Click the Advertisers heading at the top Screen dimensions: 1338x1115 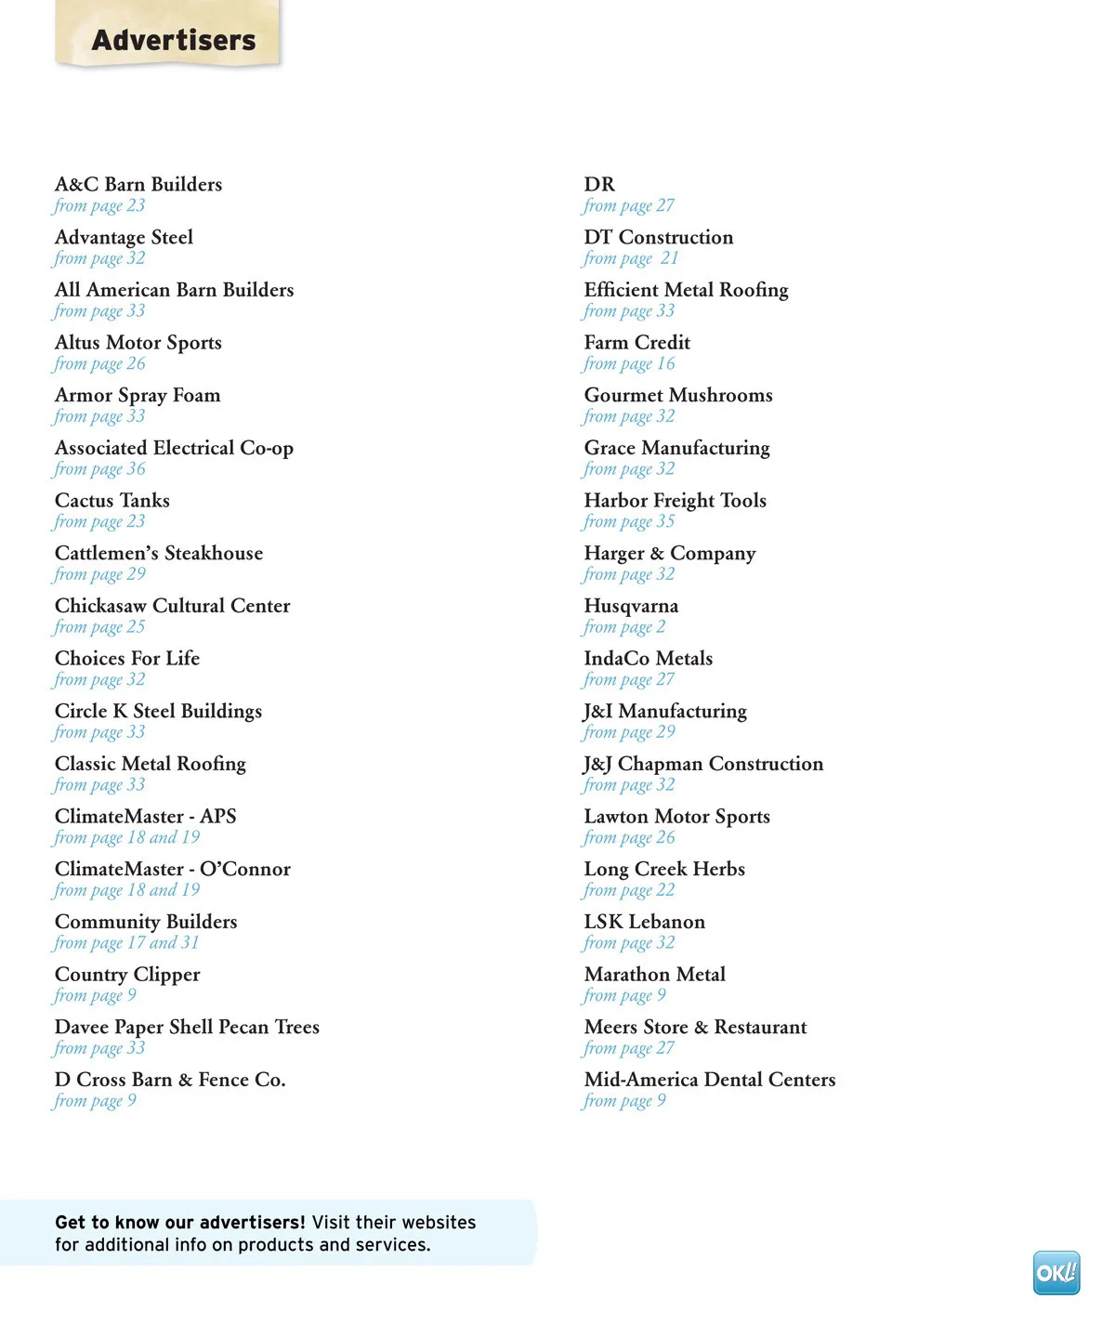(x=174, y=40)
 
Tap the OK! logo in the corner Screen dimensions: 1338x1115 (x=1056, y=1272)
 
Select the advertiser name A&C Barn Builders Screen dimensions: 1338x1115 (x=138, y=184)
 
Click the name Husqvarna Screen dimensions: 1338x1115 (x=631, y=606)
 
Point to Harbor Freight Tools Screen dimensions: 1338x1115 (x=675, y=501)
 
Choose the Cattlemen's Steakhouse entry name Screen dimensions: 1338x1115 (x=159, y=553)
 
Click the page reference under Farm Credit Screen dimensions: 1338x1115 (x=629, y=364)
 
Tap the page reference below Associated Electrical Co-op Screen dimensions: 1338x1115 (x=99, y=469)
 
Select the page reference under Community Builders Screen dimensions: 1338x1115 (x=126, y=943)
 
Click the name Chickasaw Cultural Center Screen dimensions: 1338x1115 (x=172, y=606)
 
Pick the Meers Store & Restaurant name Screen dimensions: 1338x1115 (x=695, y=1027)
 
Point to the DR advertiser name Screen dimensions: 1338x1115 (x=599, y=184)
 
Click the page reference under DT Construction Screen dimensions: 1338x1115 (x=631, y=258)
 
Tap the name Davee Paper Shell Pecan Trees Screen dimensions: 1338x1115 (x=187, y=1027)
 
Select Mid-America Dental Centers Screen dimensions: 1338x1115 (x=710, y=1080)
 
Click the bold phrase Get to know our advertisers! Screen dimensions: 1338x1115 (x=180, y=1223)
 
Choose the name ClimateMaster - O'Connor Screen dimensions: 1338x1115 (x=172, y=869)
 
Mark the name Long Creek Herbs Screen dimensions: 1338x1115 (x=664, y=869)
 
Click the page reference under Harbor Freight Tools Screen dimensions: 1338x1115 (x=629, y=522)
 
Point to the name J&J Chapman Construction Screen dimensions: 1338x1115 (x=703, y=764)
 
